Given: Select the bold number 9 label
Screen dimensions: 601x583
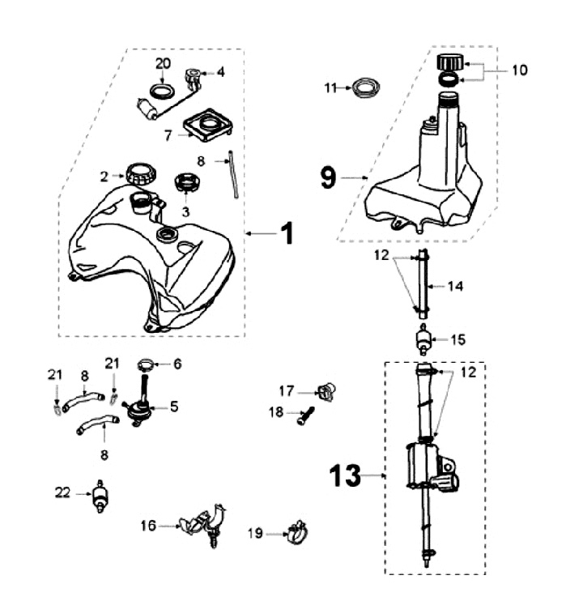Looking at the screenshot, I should pos(327,177).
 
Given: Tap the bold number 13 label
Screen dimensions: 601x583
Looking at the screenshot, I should pos(346,475).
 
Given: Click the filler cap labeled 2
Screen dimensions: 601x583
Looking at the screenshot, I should pos(140,173).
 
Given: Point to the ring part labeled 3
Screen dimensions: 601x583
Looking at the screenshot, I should pos(187,182).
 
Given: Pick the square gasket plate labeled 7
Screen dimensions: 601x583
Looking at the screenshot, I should pos(208,126).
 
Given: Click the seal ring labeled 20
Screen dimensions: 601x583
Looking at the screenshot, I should pos(163,87).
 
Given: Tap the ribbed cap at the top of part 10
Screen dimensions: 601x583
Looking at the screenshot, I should pos(449,62).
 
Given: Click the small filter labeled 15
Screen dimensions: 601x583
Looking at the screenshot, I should pos(422,340).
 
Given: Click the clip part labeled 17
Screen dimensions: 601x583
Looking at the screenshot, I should pos(326,392).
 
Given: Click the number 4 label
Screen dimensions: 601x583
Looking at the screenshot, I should pos(221,71).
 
